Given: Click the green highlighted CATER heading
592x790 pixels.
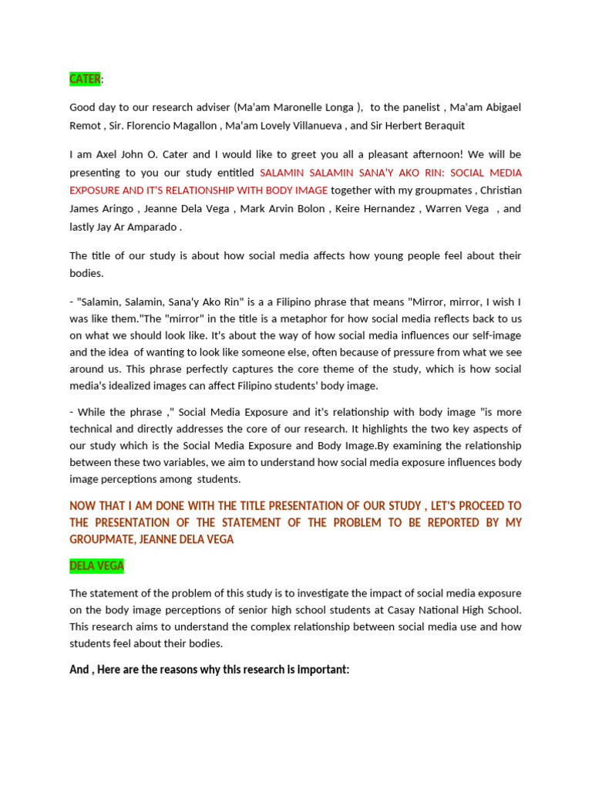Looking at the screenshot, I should [85, 79].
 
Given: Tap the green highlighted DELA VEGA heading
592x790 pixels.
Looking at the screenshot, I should [96, 565].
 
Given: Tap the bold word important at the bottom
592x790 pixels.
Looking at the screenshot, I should [321, 670].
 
